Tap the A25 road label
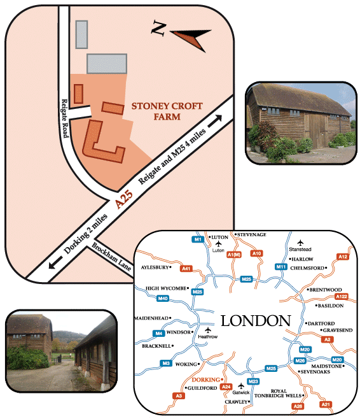(x=123, y=199)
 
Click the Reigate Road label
(x=65, y=118)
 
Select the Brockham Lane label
(x=111, y=257)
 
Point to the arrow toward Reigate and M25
(x=214, y=121)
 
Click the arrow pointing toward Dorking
(x=55, y=262)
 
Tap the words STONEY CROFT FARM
(x=167, y=111)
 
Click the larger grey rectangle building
(x=107, y=64)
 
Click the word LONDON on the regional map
(x=256, y=321)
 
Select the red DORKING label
(x=205, y=380)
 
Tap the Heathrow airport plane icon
(x=208, y=330)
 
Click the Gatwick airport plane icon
(x=241, y=386)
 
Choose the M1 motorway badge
(x=198, y=239)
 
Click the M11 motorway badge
(x=281, y=267)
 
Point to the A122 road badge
(x=342, y=296)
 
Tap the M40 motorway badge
(x=163, y=298)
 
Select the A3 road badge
(x=179, y=395)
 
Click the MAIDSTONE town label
(x=327, y=366)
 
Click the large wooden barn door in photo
(x=317, y=131)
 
